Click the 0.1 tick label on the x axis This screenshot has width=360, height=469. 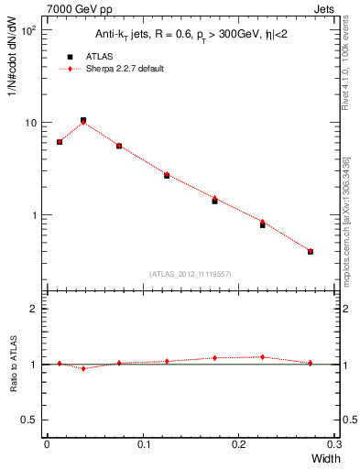point(142,445)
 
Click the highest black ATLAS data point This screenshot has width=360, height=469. point(83,120)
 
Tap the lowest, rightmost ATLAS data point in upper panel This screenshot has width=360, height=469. point(311,251)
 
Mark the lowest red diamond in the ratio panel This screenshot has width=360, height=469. point(83,368)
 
